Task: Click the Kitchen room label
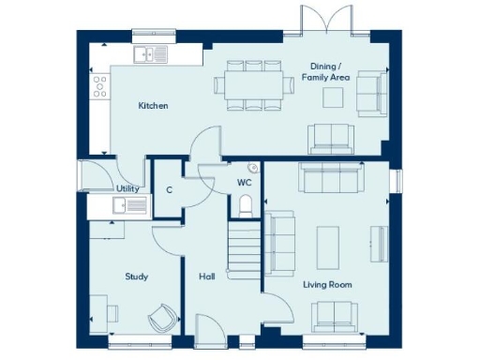[x=153, y=106]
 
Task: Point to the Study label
[x=137, y=277]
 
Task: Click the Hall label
[x=207, y=277]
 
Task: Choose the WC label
[x=244, y=182]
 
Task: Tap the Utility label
[x=127, y=188]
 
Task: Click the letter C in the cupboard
[x=169, y=189]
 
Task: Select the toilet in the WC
[x=246, y=203]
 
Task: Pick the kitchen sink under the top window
[x=150, y=54]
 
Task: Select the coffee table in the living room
[x=330, y=242]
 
